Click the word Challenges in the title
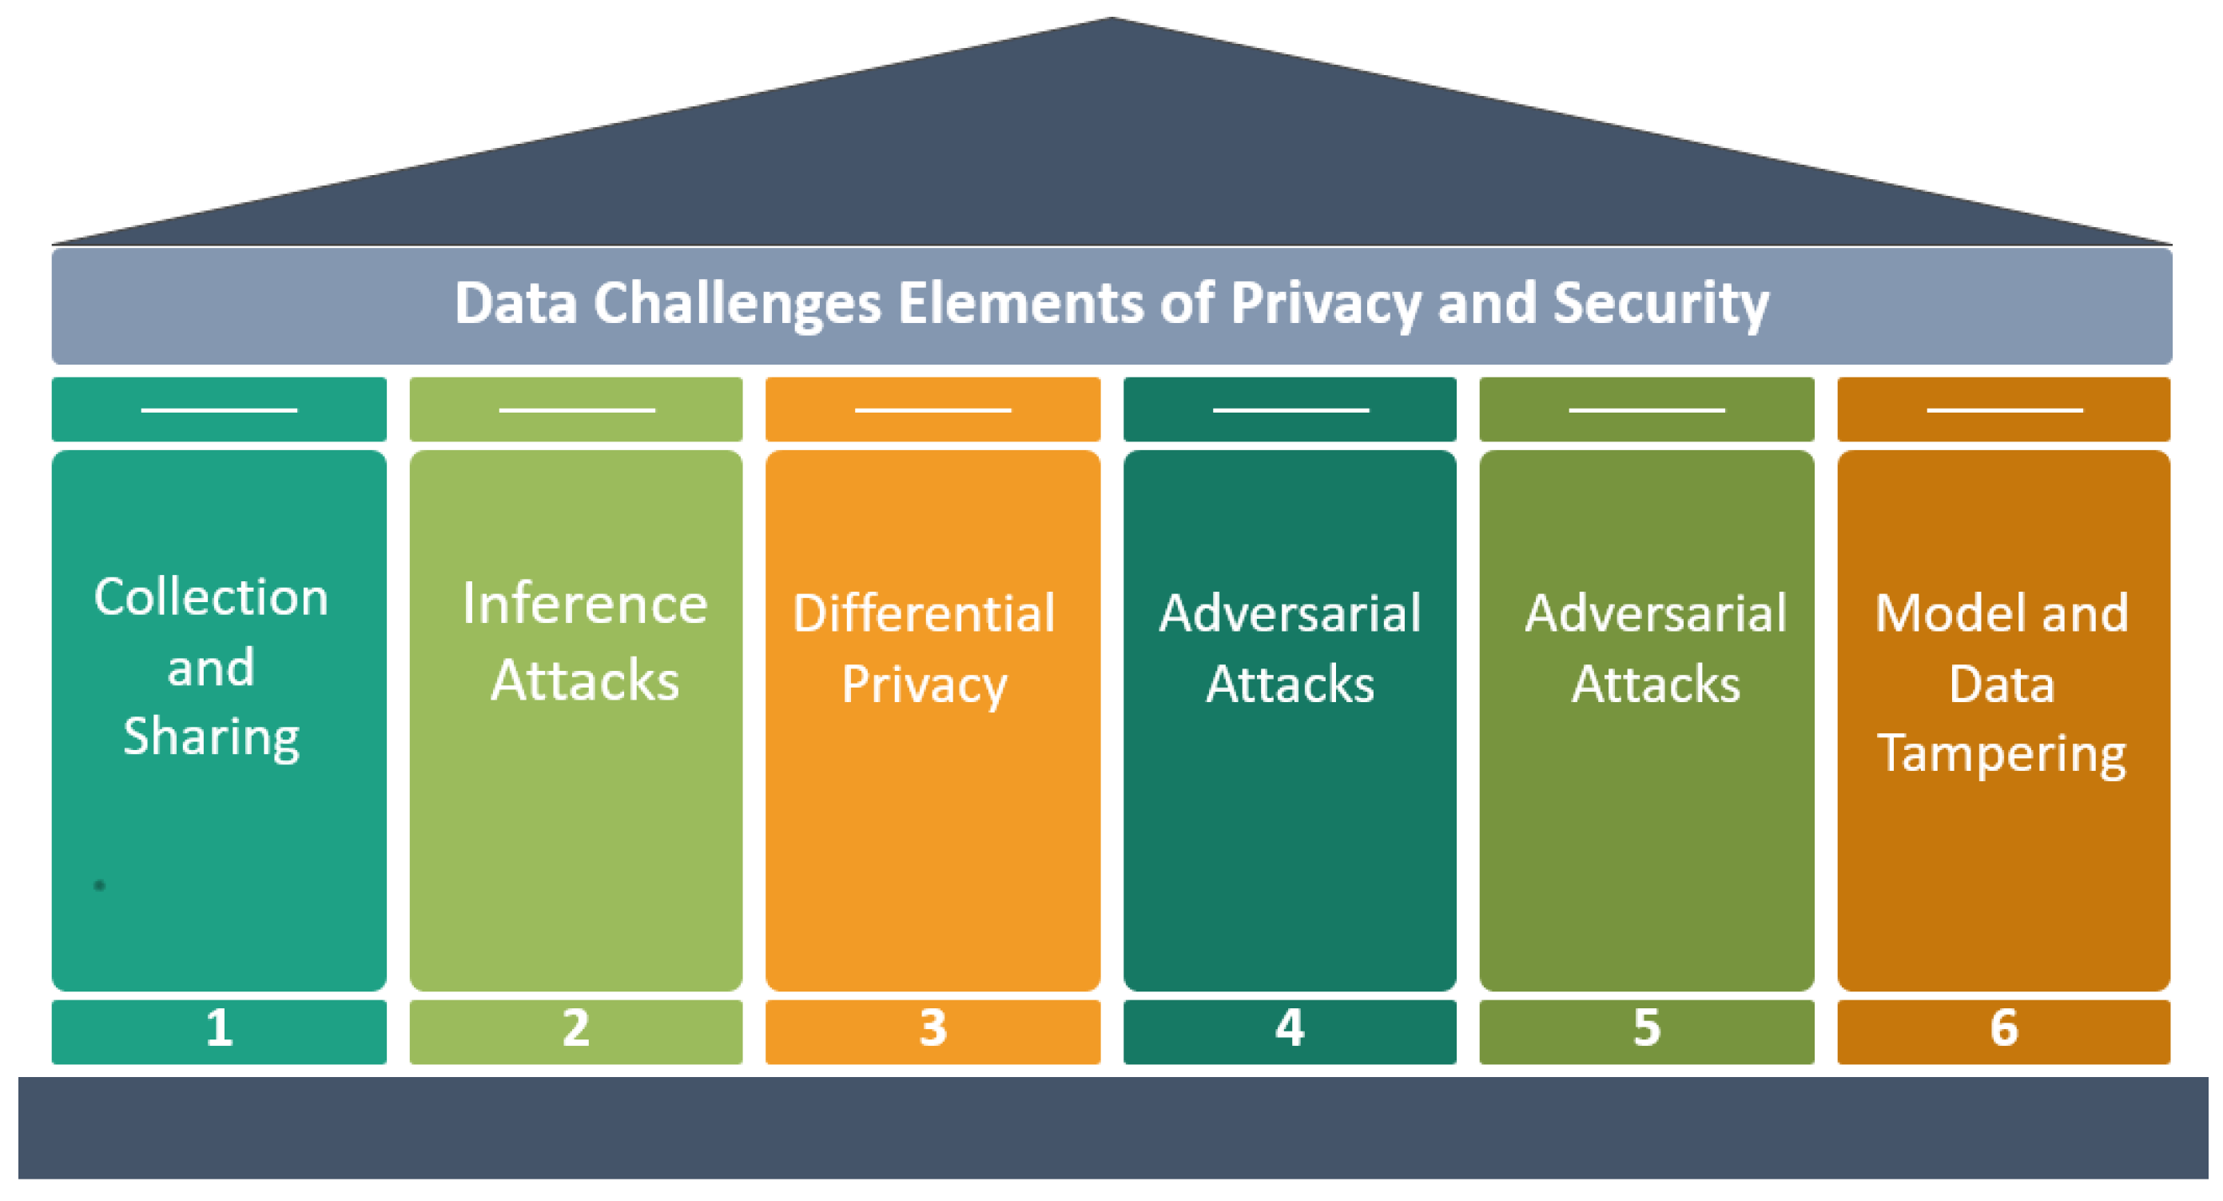pyautogui.click(x=736, y=304)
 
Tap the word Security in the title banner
pyautogui.click(x=1660, y=304)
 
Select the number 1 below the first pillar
pyautogui.click(x=219, y=1028)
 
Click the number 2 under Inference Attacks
pyautogui.click(x=575, y=1028)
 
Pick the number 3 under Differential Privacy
pyautogui.click(x=933, y=1028)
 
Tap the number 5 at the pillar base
pyautogui.click(x=1647, y=1028)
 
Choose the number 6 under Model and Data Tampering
pyautogui.click(x=2004, y=1028)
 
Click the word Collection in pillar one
pyautogui.click(x=212, y=597)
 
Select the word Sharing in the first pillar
pyautogui.click(x=212, y=737)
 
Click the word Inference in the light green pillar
pyautogui.click(x=584, y=604)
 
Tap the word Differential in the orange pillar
pyautogui.click(x=925, y=614)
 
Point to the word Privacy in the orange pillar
pyautogui.click(x=925, y=685)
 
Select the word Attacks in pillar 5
pyautogui.click(x=1655, y=684)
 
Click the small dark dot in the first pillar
pyautogui.click(x=99, y=885)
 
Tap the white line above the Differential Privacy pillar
pyautogui.click(x=933, y=410)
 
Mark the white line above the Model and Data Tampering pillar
pyautogui.click(x=2004, y=410)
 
